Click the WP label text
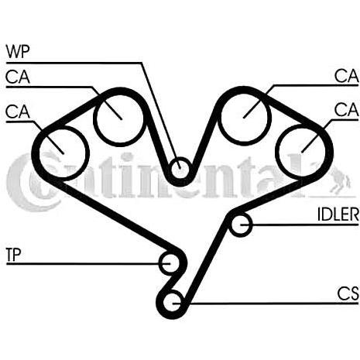tap(18, 52)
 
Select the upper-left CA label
tap(18, 77)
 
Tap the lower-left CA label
tap(18, 111)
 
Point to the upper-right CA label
tap(347, 76)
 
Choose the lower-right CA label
tap(347, 110)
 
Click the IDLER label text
tap(338, 214)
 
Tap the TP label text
tap(13, 255)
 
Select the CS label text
tap(348, 293)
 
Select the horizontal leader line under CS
tap(266, 303)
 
